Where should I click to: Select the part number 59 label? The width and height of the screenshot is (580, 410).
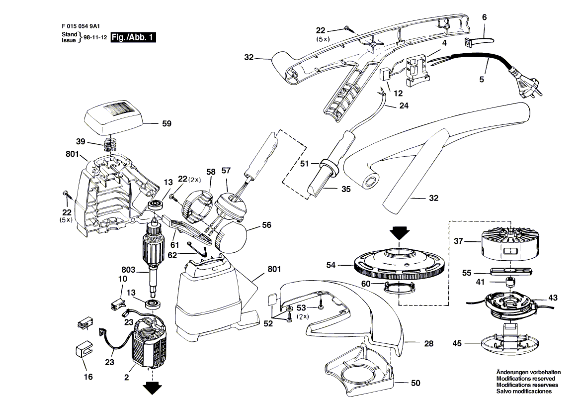pyautogui.click(x=166, y=123)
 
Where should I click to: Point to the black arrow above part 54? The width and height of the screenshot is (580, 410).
pyautogui.click(x=399, y=232)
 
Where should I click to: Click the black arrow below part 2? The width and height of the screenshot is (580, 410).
pyautogui.click(x=152, y=387)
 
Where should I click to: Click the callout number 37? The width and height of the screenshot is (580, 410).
pyautogui.click(x=458, y=241)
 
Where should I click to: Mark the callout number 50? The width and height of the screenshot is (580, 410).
pyautogui.click(x=415, y=383)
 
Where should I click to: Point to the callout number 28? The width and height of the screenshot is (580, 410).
pyautogui.click(x=428, y=343)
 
